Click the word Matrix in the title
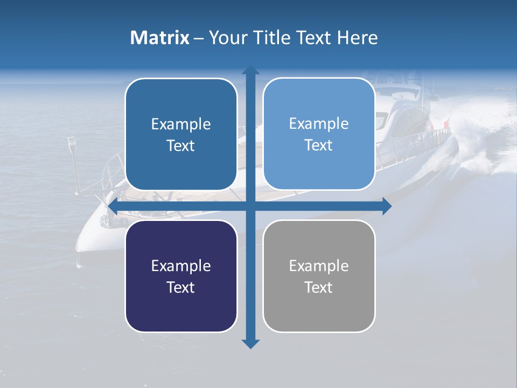159,38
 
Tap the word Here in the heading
357,38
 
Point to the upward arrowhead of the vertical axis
250,70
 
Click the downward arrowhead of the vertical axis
250,343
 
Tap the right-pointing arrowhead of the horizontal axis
387,206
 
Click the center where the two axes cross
250,206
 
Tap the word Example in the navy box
181,266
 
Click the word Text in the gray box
319,287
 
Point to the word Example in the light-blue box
319,123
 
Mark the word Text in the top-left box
181,145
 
